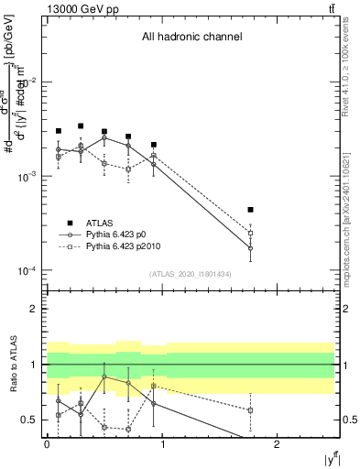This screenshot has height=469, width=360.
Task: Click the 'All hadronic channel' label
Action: [191, 38]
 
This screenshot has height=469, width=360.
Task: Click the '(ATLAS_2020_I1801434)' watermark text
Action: [191, 274]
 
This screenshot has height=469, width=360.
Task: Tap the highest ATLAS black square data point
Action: [81, 126]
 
